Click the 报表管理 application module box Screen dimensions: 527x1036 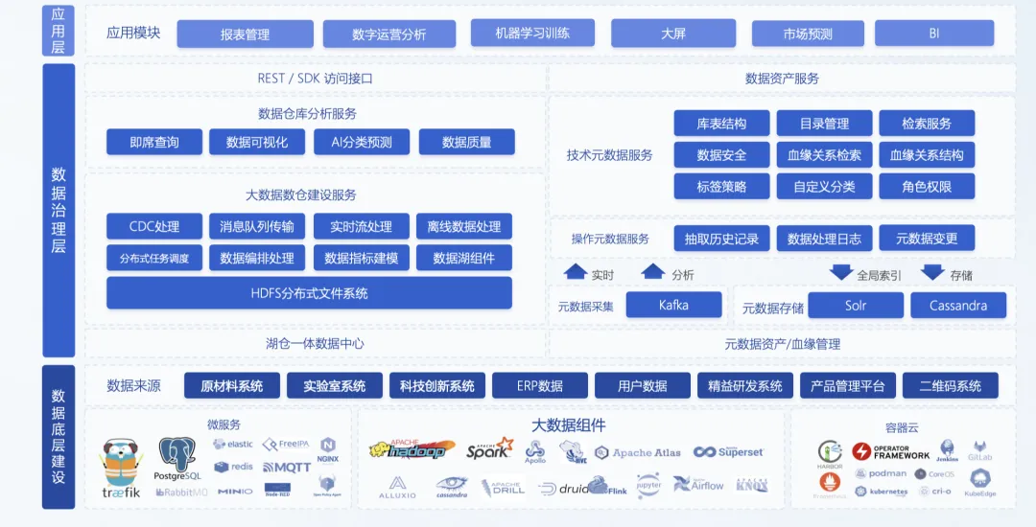coord(246,34)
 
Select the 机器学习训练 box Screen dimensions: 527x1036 coord(532,34)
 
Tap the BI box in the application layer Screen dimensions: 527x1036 coord(933,34)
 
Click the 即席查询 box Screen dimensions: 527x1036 coord(154,143)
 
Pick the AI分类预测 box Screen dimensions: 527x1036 coord(362,143)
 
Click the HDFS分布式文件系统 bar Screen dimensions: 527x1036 coord(309,293)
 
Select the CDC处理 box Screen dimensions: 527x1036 coord(154,227)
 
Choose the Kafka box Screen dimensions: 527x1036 coord(673,306)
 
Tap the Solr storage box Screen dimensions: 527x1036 coord(855,307)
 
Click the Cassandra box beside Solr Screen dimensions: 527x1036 coord(958,307)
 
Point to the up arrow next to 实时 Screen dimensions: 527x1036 coord(576,272)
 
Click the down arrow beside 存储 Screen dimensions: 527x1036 coord(932,272)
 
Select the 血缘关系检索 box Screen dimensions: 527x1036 coord(824,155)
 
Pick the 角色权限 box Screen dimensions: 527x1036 coord(927,187)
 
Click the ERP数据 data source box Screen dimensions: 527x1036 coord(539,386)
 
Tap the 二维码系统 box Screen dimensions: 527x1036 coord(950,386)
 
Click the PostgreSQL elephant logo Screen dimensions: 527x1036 coord(178,457)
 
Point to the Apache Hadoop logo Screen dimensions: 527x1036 coord(408,449)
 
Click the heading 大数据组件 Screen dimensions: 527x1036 coord(568,425)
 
